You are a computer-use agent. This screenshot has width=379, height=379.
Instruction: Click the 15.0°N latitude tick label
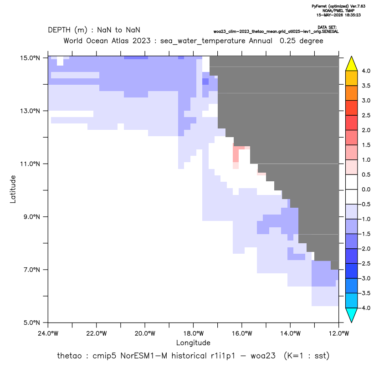pos(30,58)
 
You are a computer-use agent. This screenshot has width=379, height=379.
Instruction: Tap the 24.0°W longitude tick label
pos(48,333)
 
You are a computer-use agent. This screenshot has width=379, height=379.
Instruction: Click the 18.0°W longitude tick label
pos(193,333)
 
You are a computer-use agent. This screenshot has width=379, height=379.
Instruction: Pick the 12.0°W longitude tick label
pos(338,333)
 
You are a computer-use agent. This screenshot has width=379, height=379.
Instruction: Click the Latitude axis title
pos(13,189)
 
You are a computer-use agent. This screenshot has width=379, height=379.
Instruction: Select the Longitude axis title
pos(193,343)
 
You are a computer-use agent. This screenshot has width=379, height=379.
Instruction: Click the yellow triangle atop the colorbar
pos(352,64)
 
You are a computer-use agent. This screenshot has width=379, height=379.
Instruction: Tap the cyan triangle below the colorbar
pos(352,315)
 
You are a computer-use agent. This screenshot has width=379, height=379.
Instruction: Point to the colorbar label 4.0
pos(366,71)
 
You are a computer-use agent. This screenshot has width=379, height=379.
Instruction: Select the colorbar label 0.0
pos(366,189)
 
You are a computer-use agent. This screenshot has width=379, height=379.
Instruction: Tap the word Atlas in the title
pos(120,41)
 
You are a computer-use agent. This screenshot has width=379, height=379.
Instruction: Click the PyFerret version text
pos(338,6)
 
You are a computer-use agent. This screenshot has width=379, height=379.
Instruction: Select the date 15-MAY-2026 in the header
pos(329,15)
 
